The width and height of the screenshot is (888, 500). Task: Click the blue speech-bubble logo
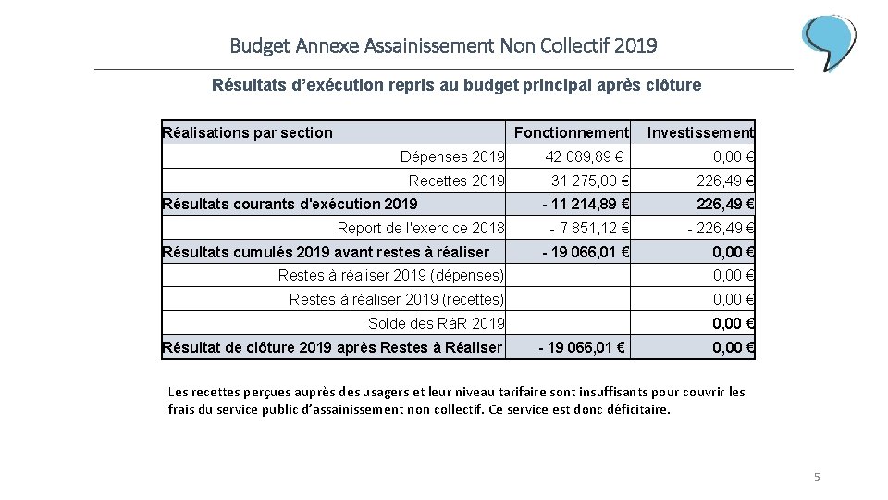point(829,42)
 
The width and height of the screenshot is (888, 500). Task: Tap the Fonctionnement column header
point(571,132)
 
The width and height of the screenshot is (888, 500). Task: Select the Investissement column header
point(700,132)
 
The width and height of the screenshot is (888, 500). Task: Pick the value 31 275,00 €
point(590,181)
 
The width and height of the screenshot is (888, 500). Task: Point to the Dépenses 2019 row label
point(452,156)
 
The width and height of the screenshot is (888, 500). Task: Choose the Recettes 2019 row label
point(457,181)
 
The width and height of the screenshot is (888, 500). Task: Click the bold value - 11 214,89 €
point(586,205)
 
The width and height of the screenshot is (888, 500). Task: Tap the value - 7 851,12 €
point(589,229)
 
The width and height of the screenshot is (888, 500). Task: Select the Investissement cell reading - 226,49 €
point(721,229)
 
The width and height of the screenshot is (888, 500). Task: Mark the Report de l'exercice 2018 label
point(421,229)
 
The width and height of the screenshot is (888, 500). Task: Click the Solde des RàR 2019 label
point(437,323)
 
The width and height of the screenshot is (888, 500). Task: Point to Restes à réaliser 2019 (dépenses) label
point(391,275)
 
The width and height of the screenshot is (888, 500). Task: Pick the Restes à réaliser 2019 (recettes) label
point(397,299)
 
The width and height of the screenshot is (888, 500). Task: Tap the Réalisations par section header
point(247,132)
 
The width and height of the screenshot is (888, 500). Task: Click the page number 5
point(817,477)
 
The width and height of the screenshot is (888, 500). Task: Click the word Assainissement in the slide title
point(429,44)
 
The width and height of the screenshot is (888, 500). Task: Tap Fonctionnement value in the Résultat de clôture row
point(583,347)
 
